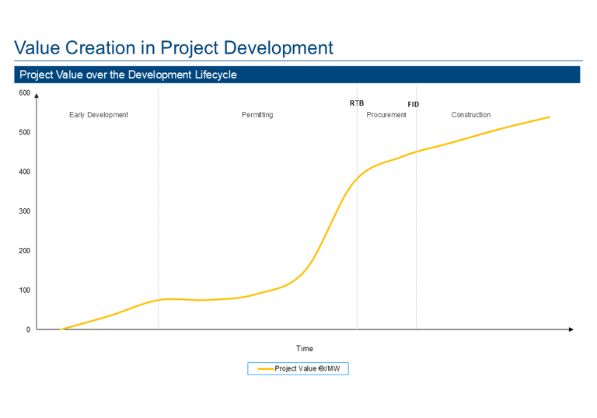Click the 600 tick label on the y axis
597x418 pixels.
[24, 93]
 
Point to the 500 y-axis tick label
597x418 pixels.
[24, 132]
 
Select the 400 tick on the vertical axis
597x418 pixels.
[24, 172]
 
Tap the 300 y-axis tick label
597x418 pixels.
[24, 211]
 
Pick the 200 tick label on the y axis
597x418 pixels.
[24, 251]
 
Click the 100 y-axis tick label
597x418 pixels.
[24, 291]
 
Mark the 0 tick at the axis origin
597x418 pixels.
[28, 329]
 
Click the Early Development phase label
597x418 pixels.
[99, 115]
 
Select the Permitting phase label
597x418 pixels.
[257, 115]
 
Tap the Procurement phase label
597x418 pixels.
[386, 115]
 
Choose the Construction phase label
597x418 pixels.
[471, 115]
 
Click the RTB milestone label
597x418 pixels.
[357, 103]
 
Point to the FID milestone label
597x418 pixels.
[414, 104]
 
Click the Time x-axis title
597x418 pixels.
[304, 348]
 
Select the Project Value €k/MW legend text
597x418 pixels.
[308, 368]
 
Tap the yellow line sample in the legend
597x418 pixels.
[265, 368]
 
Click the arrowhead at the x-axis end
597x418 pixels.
[571, 329]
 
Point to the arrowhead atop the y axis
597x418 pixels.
[37, 96]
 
